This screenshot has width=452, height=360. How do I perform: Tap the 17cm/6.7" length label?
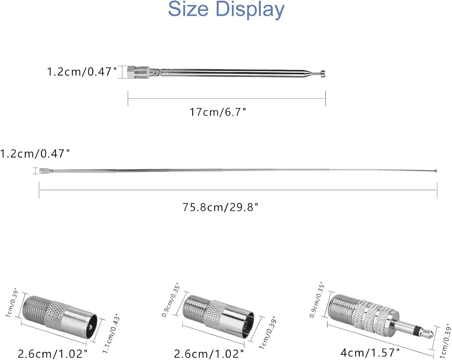tap(218, 112)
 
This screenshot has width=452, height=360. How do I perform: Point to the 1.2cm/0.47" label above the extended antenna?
tap(35, 154)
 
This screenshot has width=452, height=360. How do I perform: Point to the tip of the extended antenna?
tap(436, 171)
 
